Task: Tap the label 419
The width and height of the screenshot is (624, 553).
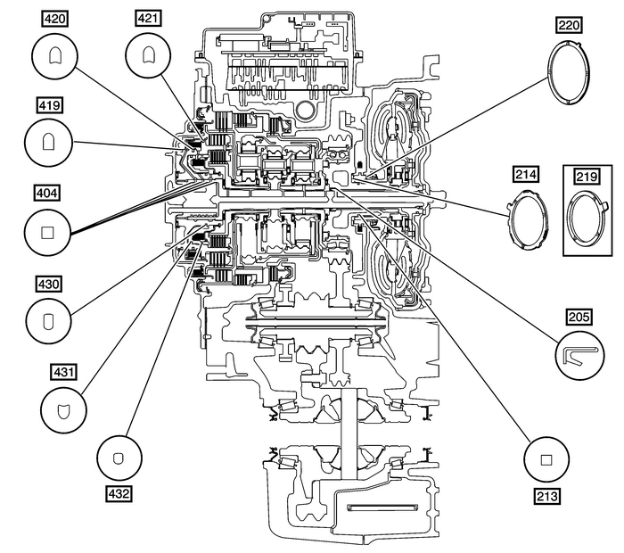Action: pyautogui.click(x=50, y=103)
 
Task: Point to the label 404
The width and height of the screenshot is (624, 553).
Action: pyautogui.click(x=50, y=191)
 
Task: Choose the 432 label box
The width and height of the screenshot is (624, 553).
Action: pyautogui.click(x=118, y=491)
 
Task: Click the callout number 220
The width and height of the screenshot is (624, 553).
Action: pyautogui.click(x=569, y=25)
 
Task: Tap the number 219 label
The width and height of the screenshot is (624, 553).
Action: pyautogui.click(x=586, y=177)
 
